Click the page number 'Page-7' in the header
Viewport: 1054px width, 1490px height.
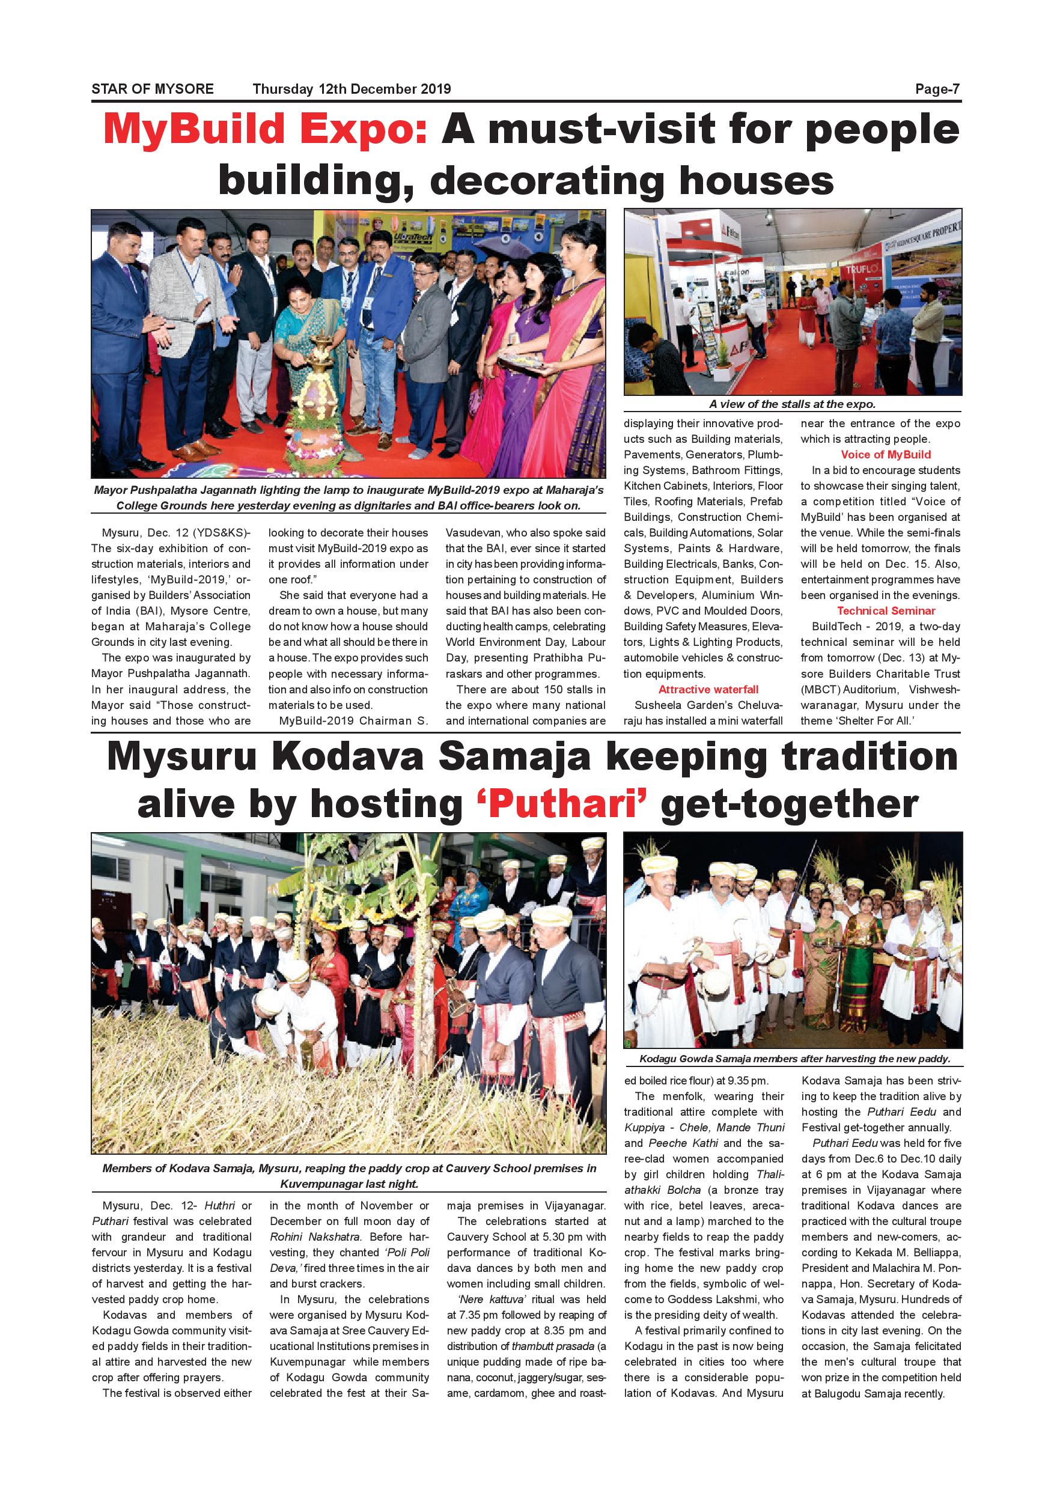click(x=937, y=90)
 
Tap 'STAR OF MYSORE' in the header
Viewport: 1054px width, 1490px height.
click(x=153, y=90)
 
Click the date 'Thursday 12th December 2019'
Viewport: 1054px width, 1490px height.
click(x=351, y=90)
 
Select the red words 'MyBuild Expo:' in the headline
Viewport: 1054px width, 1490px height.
click(x=266, y=129)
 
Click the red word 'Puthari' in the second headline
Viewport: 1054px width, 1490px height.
click(x=562, y=804)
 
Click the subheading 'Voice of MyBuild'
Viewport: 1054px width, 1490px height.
click(x=885, y=455)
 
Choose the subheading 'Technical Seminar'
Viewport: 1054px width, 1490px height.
click(x=885, y=611)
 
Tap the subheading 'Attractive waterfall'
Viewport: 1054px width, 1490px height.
click(x=708, y=690)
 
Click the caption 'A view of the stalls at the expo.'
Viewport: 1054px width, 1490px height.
click(x=792, y=404)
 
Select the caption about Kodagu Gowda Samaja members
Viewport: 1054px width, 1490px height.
click(x=794, y=1059)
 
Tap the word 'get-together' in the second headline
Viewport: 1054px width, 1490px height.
click(x=788, y=804)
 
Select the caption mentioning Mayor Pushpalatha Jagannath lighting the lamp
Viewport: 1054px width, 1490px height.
click(x=349, y=497)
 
